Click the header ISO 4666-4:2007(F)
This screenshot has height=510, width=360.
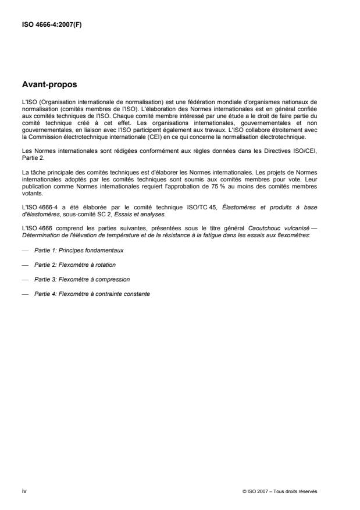click(x=51, y=24)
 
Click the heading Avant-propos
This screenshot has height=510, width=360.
click(x=50, y=85)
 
